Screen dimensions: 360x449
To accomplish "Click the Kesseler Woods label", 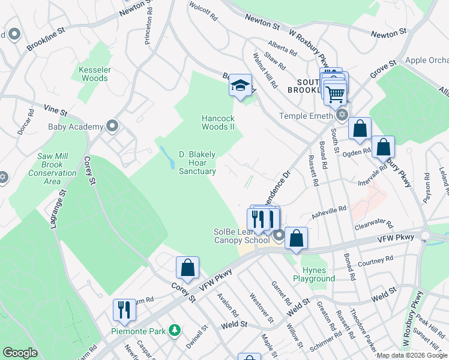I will click(x=94, y=74).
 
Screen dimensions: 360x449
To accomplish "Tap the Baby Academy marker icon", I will click(x=112, y=126).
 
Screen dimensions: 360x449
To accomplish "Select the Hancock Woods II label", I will click(x=218, y=122).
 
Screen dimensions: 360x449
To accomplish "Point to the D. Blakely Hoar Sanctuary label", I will click(x=197, y=163).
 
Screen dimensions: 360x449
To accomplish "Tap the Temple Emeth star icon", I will click(x=342, y=115).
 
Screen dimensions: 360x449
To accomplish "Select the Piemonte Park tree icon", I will click(x=175, y=330).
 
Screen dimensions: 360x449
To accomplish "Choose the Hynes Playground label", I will click(x=314, y=274).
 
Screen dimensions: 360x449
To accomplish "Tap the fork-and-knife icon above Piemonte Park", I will click(x=124, y=310).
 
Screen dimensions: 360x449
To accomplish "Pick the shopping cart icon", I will click(x=334, y=93).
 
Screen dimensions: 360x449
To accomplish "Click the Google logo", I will click(x=20, y=353).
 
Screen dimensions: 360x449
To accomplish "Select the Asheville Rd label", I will click(x=330, y=209).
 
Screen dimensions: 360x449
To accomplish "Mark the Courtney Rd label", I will click(x=375, y=260).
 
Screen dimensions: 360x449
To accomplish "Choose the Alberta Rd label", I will click(x=283, y=49).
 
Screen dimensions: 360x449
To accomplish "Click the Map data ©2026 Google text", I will click(x=412, y=355).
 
